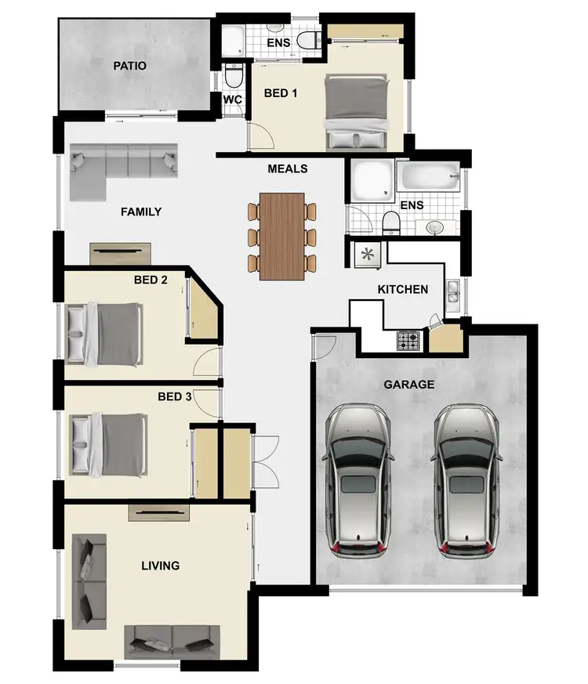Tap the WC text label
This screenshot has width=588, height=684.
[x=232, y=100]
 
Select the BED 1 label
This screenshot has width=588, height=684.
[x=281, y=93]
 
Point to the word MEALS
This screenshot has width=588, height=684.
[x=287, y=168]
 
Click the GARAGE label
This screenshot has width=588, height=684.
[x=408, y=385]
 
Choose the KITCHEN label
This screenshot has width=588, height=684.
[x=403, y=289]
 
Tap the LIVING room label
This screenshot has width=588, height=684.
[x=160, y=565]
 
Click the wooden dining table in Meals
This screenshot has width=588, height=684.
[x=281, y=236]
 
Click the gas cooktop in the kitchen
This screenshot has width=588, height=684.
[x=409, y=341]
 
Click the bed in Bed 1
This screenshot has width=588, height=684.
[x=357, y=112]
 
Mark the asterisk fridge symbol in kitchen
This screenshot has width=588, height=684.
[x=366, y=253]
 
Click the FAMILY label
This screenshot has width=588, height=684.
[x=141, y=212]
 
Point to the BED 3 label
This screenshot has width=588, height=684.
[x=174, y=396]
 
